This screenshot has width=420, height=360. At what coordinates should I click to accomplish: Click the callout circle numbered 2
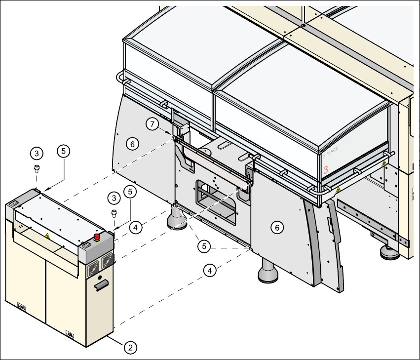coord(130,347)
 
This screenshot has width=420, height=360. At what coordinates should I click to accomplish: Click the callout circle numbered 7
coord(153,124)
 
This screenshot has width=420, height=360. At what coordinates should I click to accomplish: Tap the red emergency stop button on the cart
coord(97,237)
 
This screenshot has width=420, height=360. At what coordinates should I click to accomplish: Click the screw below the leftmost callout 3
coord(37,168)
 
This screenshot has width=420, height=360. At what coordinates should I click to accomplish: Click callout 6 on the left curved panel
coord(131,144)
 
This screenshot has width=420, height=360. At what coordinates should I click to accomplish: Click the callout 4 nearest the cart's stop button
coord(136,227)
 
